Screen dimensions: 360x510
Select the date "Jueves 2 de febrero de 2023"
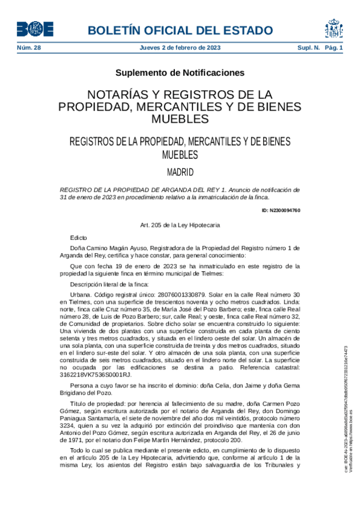point(180,48)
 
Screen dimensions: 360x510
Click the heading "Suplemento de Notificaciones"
point(180,73)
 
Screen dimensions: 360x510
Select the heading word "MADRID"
point(180,173)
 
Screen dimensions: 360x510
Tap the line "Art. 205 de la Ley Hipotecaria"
point(180,225)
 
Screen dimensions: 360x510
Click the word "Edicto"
point(79,238)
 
